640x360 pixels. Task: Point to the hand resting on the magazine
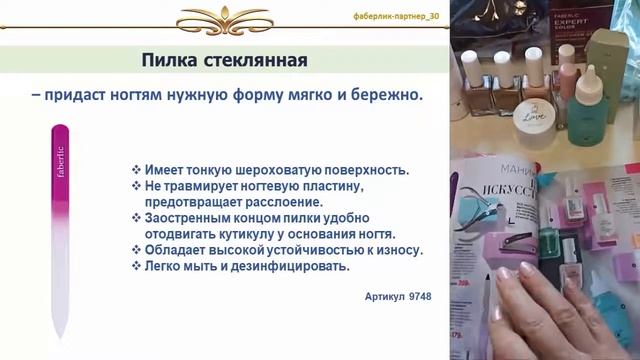click(560, 310)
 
